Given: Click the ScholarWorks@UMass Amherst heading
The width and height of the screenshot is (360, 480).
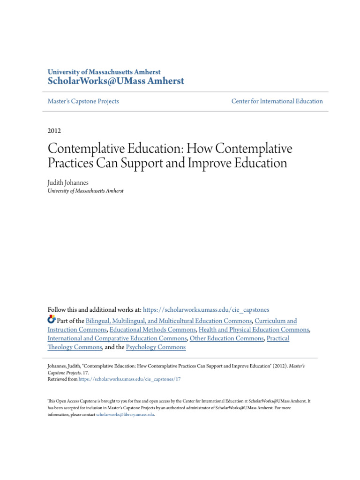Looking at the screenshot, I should pos(116,81).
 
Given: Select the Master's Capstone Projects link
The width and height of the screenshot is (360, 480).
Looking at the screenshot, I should pos(83,101).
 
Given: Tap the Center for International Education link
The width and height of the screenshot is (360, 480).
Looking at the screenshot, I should pos(277,101).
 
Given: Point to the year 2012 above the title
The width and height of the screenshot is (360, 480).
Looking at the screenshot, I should pos(54,131).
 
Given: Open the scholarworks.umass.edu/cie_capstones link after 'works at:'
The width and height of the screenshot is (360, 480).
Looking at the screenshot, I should pos(206,310).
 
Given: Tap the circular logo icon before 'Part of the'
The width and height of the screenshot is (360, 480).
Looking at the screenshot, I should pos(52,320).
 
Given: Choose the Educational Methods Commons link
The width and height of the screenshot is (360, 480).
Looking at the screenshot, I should pos(152,330).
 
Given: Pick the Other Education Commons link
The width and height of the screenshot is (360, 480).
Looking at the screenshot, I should pos(226,338).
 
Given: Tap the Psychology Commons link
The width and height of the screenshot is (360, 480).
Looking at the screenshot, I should pos(156,347).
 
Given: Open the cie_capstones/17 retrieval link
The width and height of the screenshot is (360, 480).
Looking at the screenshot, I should pos(129,379).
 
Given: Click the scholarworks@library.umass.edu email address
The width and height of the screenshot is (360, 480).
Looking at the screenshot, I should pos(125,415).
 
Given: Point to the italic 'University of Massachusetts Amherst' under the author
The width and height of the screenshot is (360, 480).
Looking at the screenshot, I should pos(85,191).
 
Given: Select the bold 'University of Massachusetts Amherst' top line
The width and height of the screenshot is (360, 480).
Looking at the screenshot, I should pos(104,72).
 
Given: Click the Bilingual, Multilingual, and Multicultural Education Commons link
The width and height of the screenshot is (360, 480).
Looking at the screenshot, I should pos(169,321).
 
